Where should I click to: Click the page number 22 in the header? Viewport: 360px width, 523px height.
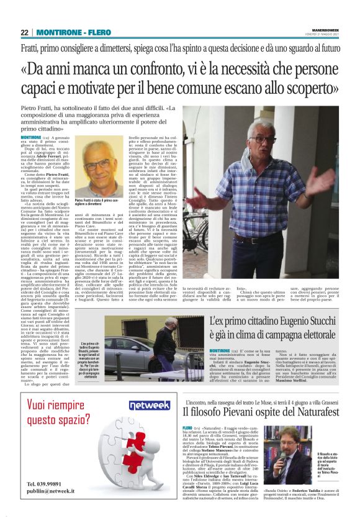(x=24, y=32)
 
